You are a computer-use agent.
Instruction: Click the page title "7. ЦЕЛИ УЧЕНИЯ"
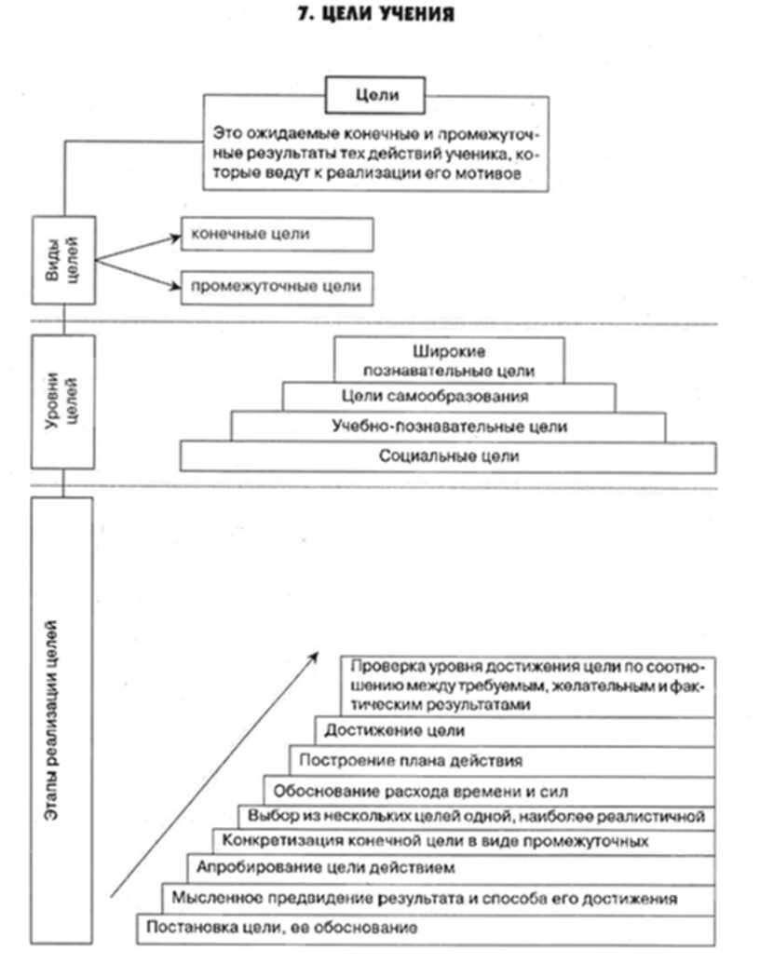(379, 15)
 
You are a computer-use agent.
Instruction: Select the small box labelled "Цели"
(375, 94)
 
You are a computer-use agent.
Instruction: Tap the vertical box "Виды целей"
(63, 258)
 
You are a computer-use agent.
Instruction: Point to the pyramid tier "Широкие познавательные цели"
(449, 361)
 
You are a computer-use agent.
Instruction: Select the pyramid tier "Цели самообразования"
(449, 397)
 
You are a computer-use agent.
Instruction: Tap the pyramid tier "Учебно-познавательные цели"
(449, 427)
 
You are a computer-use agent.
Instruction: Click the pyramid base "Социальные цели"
(449, 456)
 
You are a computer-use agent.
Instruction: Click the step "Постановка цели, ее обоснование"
(279, 929)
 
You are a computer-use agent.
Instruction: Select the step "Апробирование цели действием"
(326, 868)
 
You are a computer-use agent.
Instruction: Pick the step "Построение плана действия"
(411, 760)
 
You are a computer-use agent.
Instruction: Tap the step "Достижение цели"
(389, 731)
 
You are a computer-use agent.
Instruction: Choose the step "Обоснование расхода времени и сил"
(420, 792)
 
